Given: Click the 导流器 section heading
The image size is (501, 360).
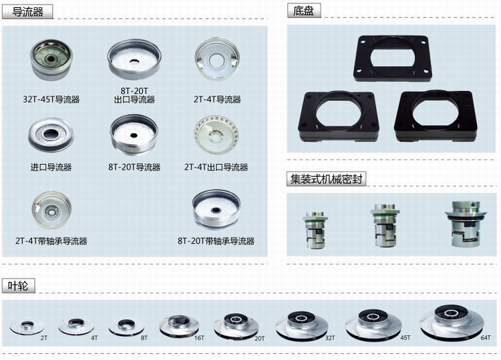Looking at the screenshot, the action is (27, 12).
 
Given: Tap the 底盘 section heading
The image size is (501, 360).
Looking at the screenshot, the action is (303, 11).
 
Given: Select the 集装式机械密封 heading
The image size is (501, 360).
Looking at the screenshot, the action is (326, 179).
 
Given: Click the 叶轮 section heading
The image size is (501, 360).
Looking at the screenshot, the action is (18, 286).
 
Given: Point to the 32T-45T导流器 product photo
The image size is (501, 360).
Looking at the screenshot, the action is (51, 59).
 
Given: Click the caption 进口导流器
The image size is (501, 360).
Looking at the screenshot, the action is (51, 167).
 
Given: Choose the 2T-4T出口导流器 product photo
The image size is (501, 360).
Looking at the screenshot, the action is (216, 135).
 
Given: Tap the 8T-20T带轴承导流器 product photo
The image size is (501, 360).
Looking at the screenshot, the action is (216, 209).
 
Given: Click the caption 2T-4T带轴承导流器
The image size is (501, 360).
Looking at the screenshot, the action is (51, 241).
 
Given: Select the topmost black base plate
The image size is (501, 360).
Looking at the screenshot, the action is (392, 58).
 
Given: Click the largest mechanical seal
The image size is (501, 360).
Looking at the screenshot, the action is (466, 224).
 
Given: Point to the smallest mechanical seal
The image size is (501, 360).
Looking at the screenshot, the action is (315, 230).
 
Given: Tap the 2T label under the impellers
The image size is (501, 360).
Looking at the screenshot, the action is (44, 338).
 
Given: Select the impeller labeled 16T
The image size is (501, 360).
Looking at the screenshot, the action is (179, 326).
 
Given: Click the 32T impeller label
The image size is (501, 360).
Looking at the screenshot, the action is (330, 338).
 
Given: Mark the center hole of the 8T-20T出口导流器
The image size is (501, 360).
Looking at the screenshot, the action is (134, 60).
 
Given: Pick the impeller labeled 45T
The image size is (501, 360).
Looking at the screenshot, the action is (373, 324).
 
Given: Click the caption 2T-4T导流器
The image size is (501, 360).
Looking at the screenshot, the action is (217, 100).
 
